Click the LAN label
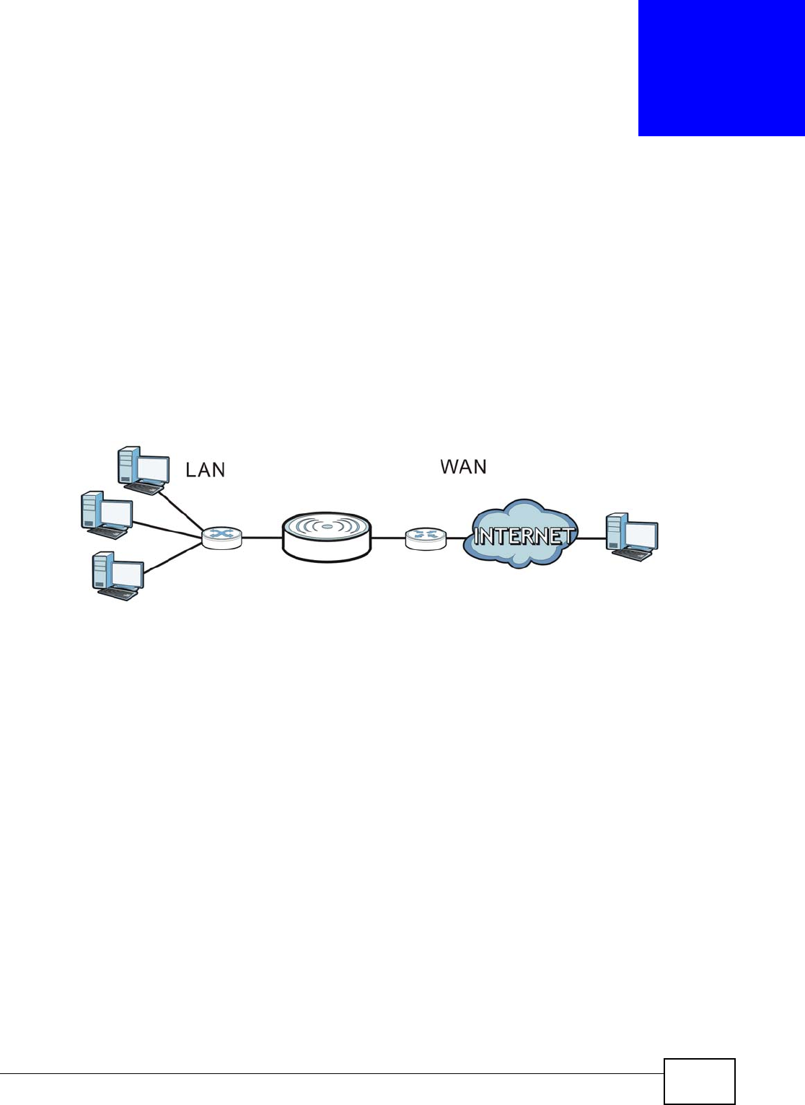click(x=206, y=470)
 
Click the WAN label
click(x=463, y=466)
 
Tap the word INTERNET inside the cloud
click(x=524, y=536)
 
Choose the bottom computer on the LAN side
click(x=118, y=576)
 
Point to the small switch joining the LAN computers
click(x=221, y=537)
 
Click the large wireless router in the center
click(x=327, y=536)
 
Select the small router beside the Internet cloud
click(x=426, y=538)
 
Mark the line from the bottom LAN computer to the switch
click(x=173, y=559)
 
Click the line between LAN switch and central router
click(x=262, y=538)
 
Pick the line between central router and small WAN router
click(x=388, y=538)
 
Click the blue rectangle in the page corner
click(x=721, y=68)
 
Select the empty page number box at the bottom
click(x=699, y=1081)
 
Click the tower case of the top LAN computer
click(x=127, y=465)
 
